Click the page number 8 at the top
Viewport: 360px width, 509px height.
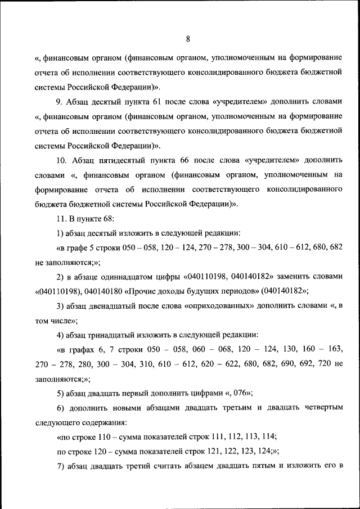pos(188,39)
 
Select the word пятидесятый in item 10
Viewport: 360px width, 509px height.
pos(111,160)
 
